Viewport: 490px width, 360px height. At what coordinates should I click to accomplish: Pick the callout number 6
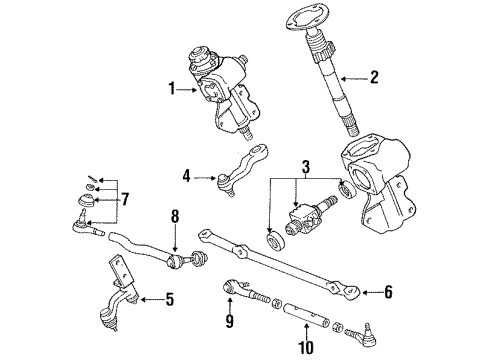pos(389,292)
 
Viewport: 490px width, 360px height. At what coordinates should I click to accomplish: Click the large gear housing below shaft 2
pos(379,185)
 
